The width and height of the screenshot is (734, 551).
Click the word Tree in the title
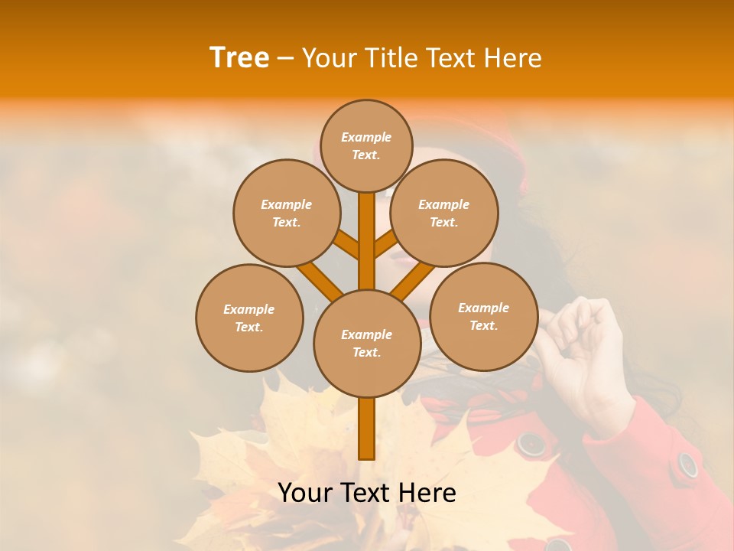tap(239, 57)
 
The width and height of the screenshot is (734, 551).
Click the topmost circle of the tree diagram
tap(366, 145)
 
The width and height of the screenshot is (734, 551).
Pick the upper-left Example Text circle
tap(287, 213)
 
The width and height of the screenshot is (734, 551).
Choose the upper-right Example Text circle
tap(444, 213)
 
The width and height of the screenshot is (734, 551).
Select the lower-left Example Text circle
tap(249, 318)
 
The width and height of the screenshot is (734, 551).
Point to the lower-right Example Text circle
tap(484, 316)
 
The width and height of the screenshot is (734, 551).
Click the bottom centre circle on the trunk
tap(367, 343)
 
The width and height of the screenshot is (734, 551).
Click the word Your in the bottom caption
tap(305, 493)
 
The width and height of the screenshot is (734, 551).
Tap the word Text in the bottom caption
tap(367, 493)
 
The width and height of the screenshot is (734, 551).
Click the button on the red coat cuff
tap(688, 464)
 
